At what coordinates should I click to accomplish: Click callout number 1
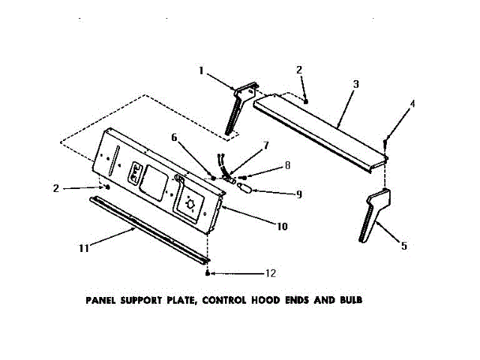point(201,71)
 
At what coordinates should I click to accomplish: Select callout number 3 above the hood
point(356,83)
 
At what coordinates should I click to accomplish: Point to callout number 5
point(404,245)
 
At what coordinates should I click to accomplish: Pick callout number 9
point(298,193)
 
